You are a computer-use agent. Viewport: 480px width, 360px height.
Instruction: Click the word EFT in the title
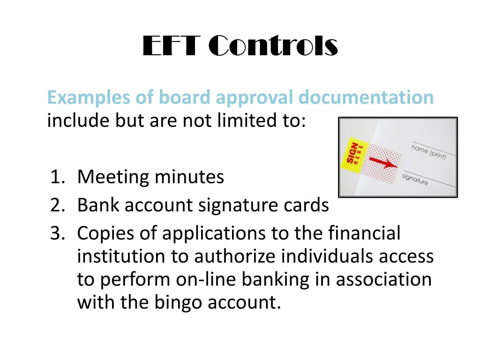point(170,46)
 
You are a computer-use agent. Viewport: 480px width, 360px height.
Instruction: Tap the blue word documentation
point(366,97)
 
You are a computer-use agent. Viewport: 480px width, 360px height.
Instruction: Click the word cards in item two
point(306,205)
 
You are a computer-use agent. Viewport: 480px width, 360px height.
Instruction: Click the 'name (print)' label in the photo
point(428,152)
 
